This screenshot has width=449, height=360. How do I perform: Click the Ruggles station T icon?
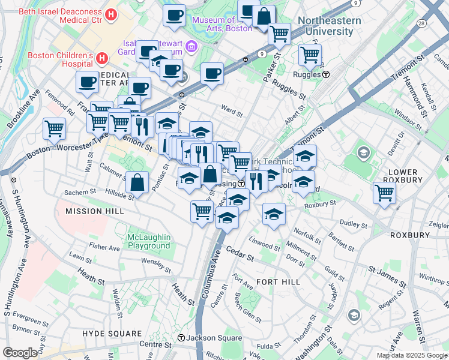(x=326, y=75)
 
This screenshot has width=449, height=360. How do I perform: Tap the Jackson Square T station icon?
(x=181, y=338)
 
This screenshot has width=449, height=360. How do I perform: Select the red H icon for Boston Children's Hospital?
(x=102, y=59)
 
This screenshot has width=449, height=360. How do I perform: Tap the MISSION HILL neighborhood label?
(x=95, y=211)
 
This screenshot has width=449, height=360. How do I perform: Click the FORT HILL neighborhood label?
(x=277, y=281)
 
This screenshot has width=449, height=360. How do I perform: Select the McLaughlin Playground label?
(x=149, y=241)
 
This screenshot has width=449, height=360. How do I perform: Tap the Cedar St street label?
(x=241, y=251)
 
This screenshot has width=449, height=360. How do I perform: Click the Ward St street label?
(x=232, y=111)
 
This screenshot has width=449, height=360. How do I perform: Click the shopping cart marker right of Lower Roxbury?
(x=384, y=193)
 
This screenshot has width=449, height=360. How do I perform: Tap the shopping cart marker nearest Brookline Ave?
(x=54, y=128)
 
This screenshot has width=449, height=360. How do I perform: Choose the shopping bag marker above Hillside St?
(x=137, y=182)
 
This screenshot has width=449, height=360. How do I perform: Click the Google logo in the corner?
(x=20, y=353)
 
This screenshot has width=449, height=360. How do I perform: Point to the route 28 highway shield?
(x=421, y=23)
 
